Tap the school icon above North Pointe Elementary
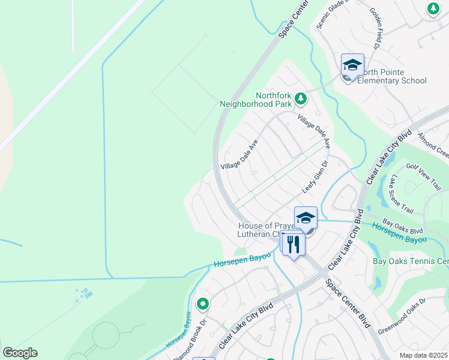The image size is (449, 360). (x=352, y=65)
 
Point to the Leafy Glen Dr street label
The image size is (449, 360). (x=316, y=176)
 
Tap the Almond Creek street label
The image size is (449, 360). (x=432, y=143)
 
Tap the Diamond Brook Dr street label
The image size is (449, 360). (x=190, y=346)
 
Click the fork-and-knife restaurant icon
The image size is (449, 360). (x=293, y=244)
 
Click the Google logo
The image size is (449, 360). (x=20, y=353)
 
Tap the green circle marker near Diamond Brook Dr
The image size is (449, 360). (x=203, y=304)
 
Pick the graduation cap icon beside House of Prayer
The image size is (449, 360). (x=306, y=218)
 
